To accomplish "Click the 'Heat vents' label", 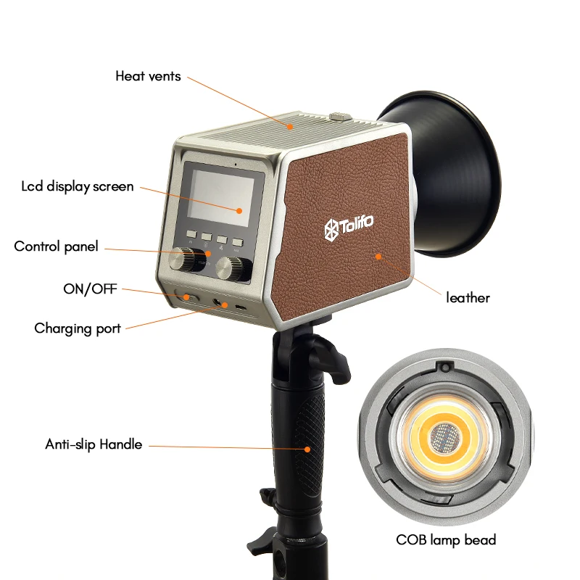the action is point(148,76).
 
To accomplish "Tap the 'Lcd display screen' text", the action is point(78,187).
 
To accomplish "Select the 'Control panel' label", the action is point(57,246).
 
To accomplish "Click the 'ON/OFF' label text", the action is point(90,289).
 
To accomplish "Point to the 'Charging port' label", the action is point(78,329).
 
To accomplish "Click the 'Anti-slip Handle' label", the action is point(94,444).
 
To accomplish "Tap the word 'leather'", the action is point(468,298).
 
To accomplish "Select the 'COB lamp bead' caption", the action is point(446,540).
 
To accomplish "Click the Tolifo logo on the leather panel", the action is point(349,226).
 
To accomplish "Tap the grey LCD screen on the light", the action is point(221,198).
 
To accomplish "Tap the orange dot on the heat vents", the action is point(291,127).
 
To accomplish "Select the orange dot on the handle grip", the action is point(307,449).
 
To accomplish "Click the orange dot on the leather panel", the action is point(378,257).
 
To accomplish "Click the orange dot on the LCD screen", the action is point(239,211).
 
